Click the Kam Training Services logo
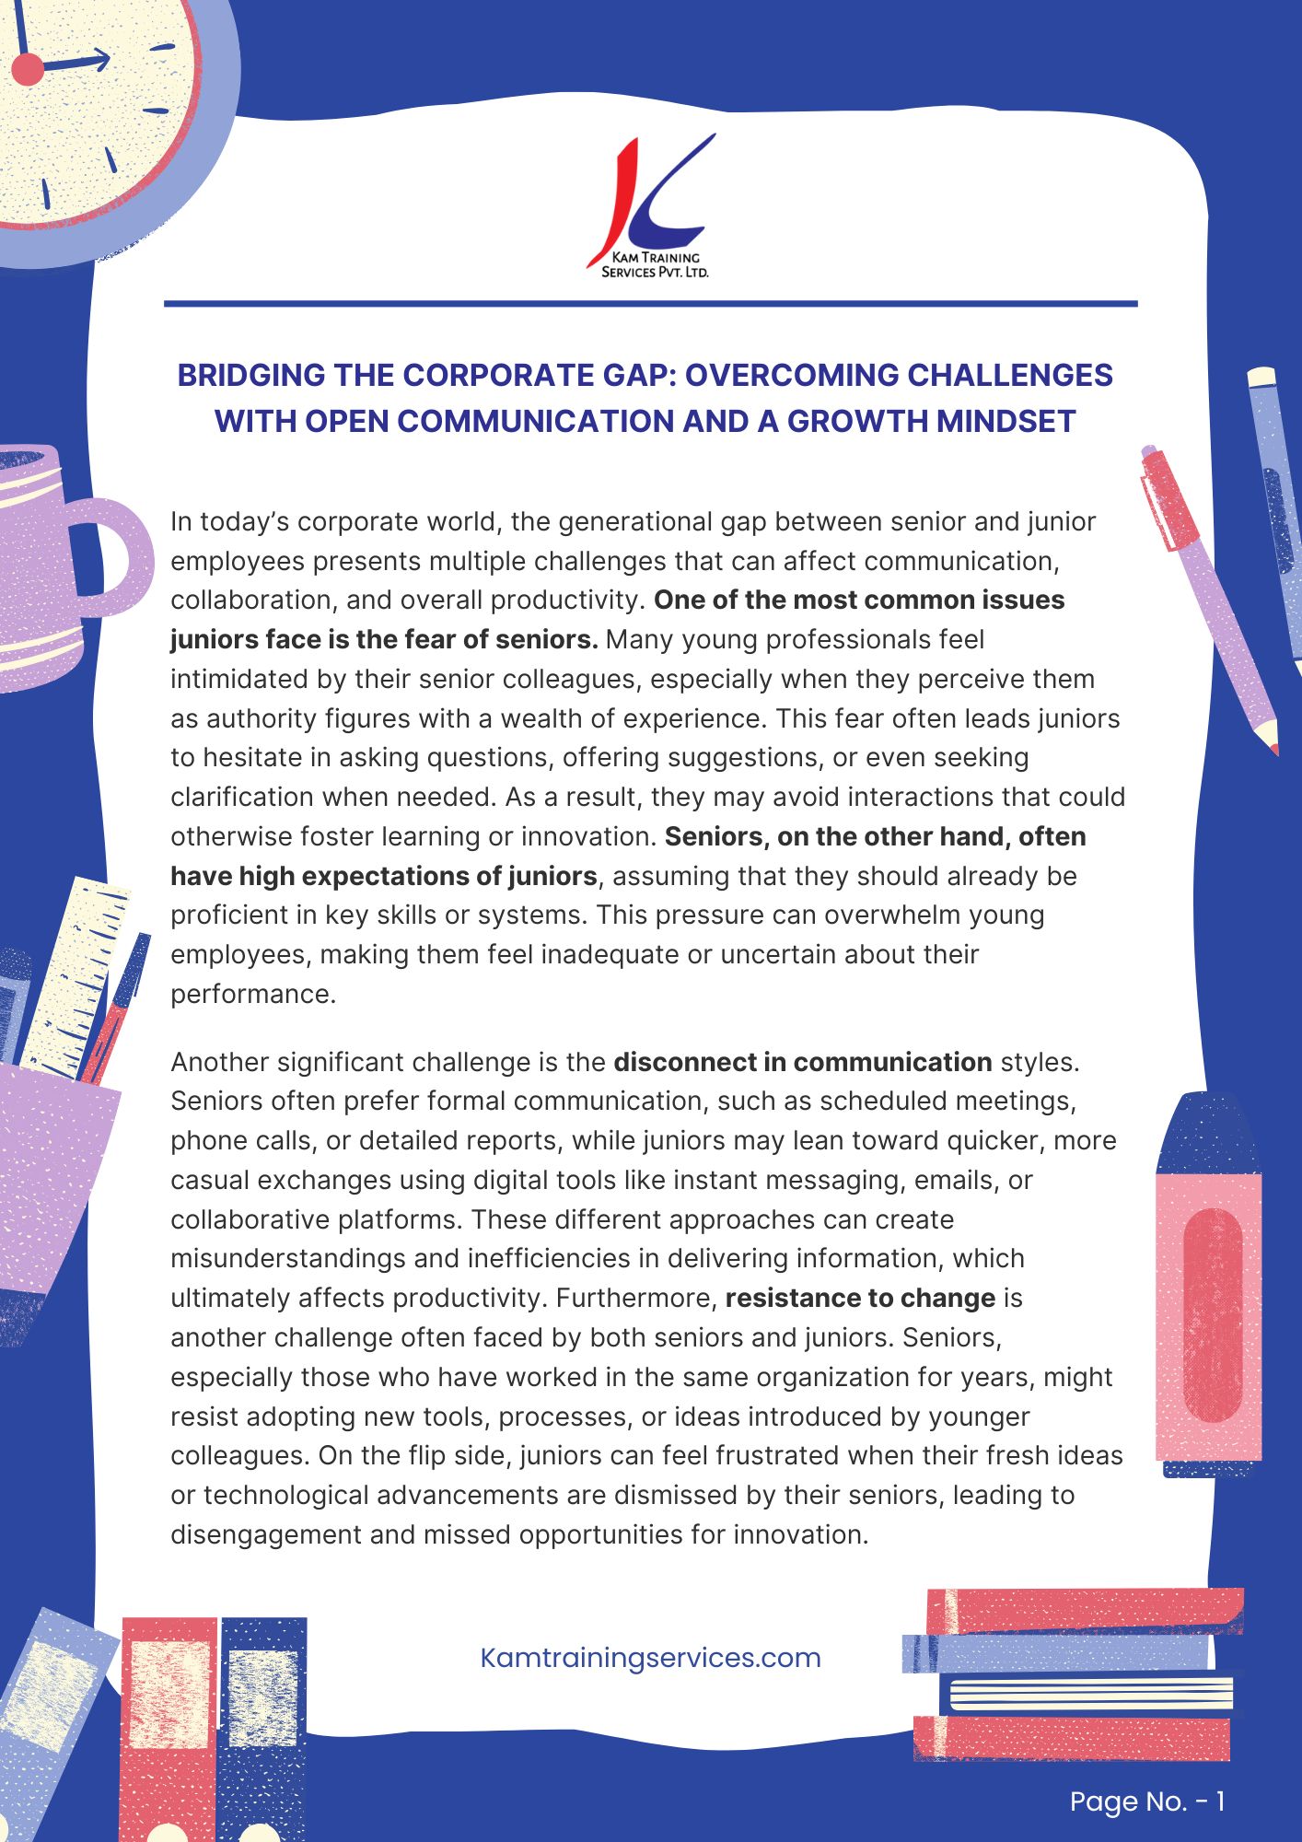[651, 207]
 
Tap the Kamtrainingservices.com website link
[650, 1658]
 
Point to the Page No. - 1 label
[1146, 1801]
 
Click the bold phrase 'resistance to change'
[860, 1299]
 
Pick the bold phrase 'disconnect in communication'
[802, 1062]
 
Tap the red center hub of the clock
[28, 69]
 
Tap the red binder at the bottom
[169, 1722]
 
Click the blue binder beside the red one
[263, 1722]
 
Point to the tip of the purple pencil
[1272, 742]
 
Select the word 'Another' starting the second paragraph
[219, 1062]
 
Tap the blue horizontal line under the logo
[650, 303]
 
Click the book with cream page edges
[1087, 1694]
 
